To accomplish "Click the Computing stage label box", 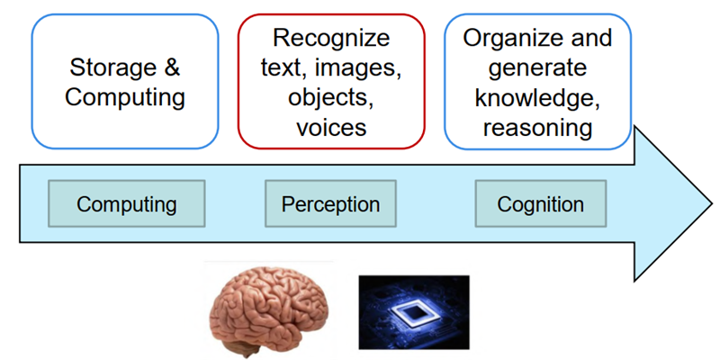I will pos(127,203).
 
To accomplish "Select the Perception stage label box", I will pos(330,203).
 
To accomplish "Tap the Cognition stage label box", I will pos(540,203).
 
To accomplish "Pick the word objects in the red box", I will pos(331,97).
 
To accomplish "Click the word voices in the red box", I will pos(331,127).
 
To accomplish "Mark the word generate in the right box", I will pos(537,67).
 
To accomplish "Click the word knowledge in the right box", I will pos(537,97).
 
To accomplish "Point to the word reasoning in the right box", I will pos(537,127).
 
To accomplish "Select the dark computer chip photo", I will pos(413,311).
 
